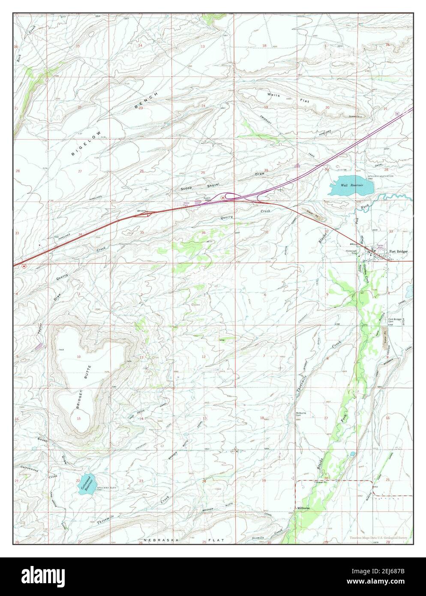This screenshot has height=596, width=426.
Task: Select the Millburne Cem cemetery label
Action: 301,415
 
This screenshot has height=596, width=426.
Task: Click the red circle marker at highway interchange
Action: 223,197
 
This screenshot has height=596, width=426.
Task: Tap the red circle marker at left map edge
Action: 24,266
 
